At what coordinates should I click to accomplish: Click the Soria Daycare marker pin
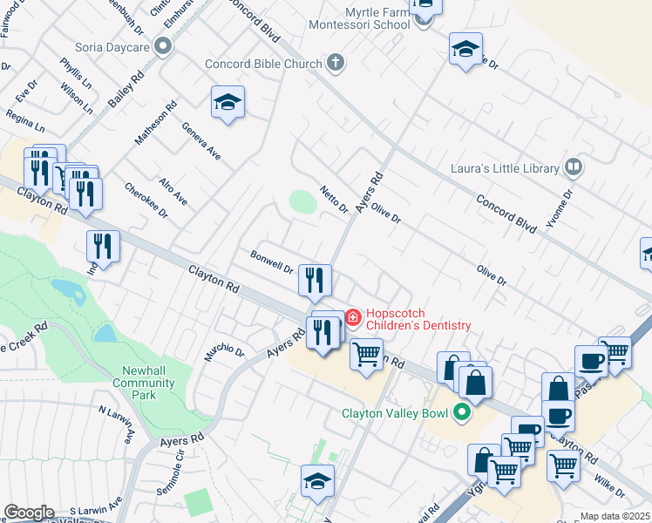tap(162, 47)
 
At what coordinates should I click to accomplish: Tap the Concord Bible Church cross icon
tap(336, 63)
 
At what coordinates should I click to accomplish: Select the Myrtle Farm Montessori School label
tap(360, 17)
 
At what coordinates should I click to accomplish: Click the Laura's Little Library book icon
tap(573, 166)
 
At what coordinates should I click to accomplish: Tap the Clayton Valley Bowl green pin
tap(462, 413)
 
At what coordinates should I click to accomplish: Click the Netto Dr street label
tap(334, 200)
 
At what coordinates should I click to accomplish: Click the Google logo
tap(29, 513)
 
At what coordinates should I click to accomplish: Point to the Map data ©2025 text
tap(615, 517)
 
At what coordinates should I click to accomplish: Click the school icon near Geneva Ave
tap(228, 103)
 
